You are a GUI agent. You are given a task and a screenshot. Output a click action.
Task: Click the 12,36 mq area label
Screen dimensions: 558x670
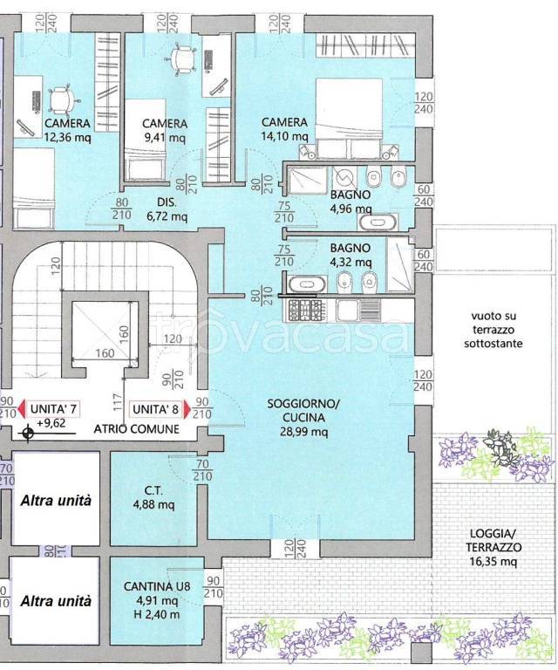(x=67, y=138)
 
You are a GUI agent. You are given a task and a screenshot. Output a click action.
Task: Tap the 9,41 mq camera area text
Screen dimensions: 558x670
(x=165, y=138)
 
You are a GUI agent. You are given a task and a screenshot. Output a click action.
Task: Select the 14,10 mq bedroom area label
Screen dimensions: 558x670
(x=284, y=136)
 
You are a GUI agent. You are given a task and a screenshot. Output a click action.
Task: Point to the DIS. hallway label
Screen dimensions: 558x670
(x=167, y=202)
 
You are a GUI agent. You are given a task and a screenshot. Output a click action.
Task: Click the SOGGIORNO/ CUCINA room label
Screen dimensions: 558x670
(x=303, y=410)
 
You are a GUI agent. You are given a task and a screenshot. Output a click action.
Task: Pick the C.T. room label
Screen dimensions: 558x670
(x=153, y=490)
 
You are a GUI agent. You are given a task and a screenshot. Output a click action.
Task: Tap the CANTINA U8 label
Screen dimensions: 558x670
(x=157, y=586)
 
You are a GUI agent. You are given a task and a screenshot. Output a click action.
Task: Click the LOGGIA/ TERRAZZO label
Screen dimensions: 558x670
(x=493, y=540)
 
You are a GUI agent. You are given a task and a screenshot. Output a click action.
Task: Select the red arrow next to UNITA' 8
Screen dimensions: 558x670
(x=187, y=409)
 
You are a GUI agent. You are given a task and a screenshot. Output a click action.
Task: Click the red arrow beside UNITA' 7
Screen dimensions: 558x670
(x=23, y=409)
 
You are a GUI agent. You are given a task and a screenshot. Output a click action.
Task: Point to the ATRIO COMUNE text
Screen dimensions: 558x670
(x=137, y=429)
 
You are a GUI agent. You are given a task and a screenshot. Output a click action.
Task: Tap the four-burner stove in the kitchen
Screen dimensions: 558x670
(x=305, y=311)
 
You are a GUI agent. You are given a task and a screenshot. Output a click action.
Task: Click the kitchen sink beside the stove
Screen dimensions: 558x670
(x=358, y=311)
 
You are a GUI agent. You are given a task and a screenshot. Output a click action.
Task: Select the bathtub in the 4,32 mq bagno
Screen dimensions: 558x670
(x=308, y=284)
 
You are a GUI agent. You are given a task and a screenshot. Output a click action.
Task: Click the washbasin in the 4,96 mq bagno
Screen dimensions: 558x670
(x=378, y=222)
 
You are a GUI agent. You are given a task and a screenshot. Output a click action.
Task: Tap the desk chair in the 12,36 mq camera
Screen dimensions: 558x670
(x=62, y=101)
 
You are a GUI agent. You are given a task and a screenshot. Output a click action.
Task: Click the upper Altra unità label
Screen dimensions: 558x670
(x=56, y=501)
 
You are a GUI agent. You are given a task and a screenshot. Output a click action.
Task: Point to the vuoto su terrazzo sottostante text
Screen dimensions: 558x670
(x=493, y=330)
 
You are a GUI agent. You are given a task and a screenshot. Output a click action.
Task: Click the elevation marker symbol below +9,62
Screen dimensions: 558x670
(x=28, y=434)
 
